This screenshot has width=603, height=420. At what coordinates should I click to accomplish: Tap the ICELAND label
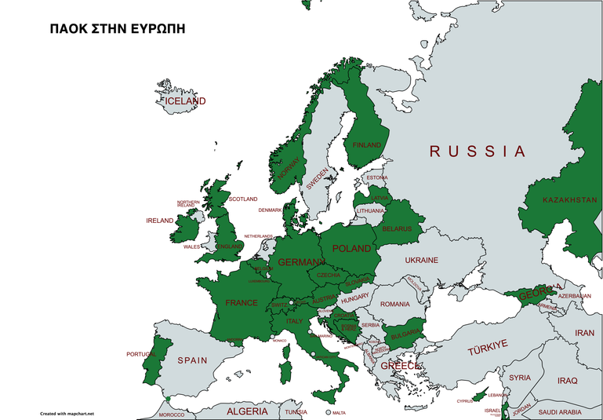click(x=185, y=101)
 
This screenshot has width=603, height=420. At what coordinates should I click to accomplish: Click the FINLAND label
click(x=366, y=145)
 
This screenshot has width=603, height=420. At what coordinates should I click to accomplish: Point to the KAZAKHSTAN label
click(x=569, y=200)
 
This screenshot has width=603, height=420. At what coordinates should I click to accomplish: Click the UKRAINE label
click(x=421, y=260)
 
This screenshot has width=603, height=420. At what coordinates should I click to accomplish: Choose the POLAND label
click(x=351, y=248)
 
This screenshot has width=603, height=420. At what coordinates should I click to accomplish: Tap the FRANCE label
click(x=242, y=302)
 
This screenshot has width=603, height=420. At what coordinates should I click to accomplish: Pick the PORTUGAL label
click(x=141, y=354)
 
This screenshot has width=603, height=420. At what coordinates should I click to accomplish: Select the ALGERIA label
click(x=247, y=411)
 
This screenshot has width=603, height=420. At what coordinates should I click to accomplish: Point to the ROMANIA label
click(x=395, y=304)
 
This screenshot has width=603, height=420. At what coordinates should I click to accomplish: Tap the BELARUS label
click(x=397, y=228)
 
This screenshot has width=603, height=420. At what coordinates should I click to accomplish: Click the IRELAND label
click(x=159, y=221)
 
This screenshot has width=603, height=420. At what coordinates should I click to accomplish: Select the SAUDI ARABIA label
click(x=559, y=412)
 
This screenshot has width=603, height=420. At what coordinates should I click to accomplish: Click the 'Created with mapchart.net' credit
click(x=67, y=413)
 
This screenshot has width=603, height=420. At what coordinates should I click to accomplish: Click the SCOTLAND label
click(x=242, y=199)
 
